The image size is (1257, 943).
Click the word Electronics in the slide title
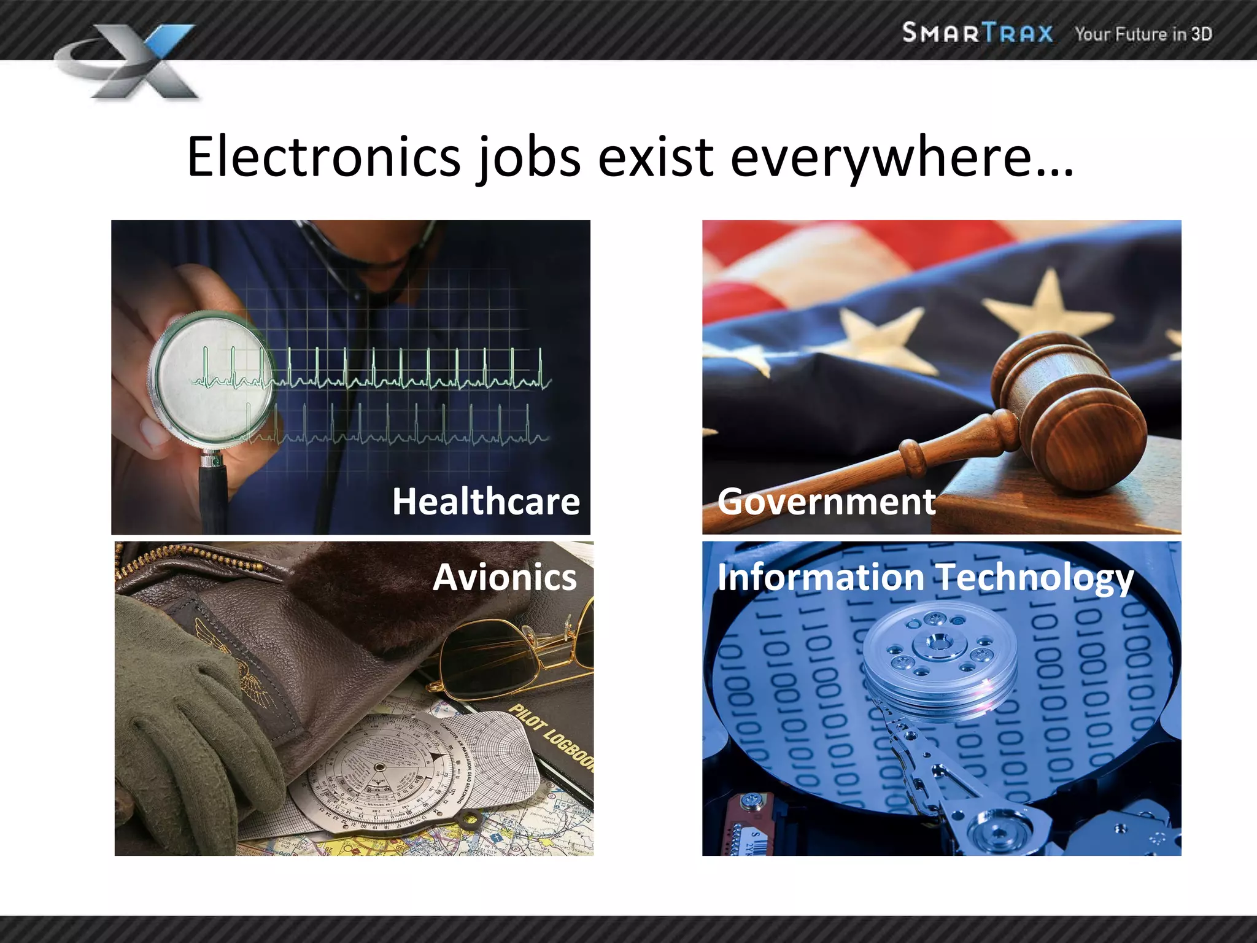coord(323,157)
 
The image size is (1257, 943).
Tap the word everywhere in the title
coord(902,157)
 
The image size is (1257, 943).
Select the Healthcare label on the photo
coord(485,502)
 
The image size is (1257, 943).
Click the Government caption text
coord(826,502)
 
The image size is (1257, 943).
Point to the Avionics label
coord(505,577)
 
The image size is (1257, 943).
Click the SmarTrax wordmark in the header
coord(977,33)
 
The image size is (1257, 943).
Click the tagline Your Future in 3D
coord(1143,34)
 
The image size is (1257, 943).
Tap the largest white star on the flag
coord(1050,307)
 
